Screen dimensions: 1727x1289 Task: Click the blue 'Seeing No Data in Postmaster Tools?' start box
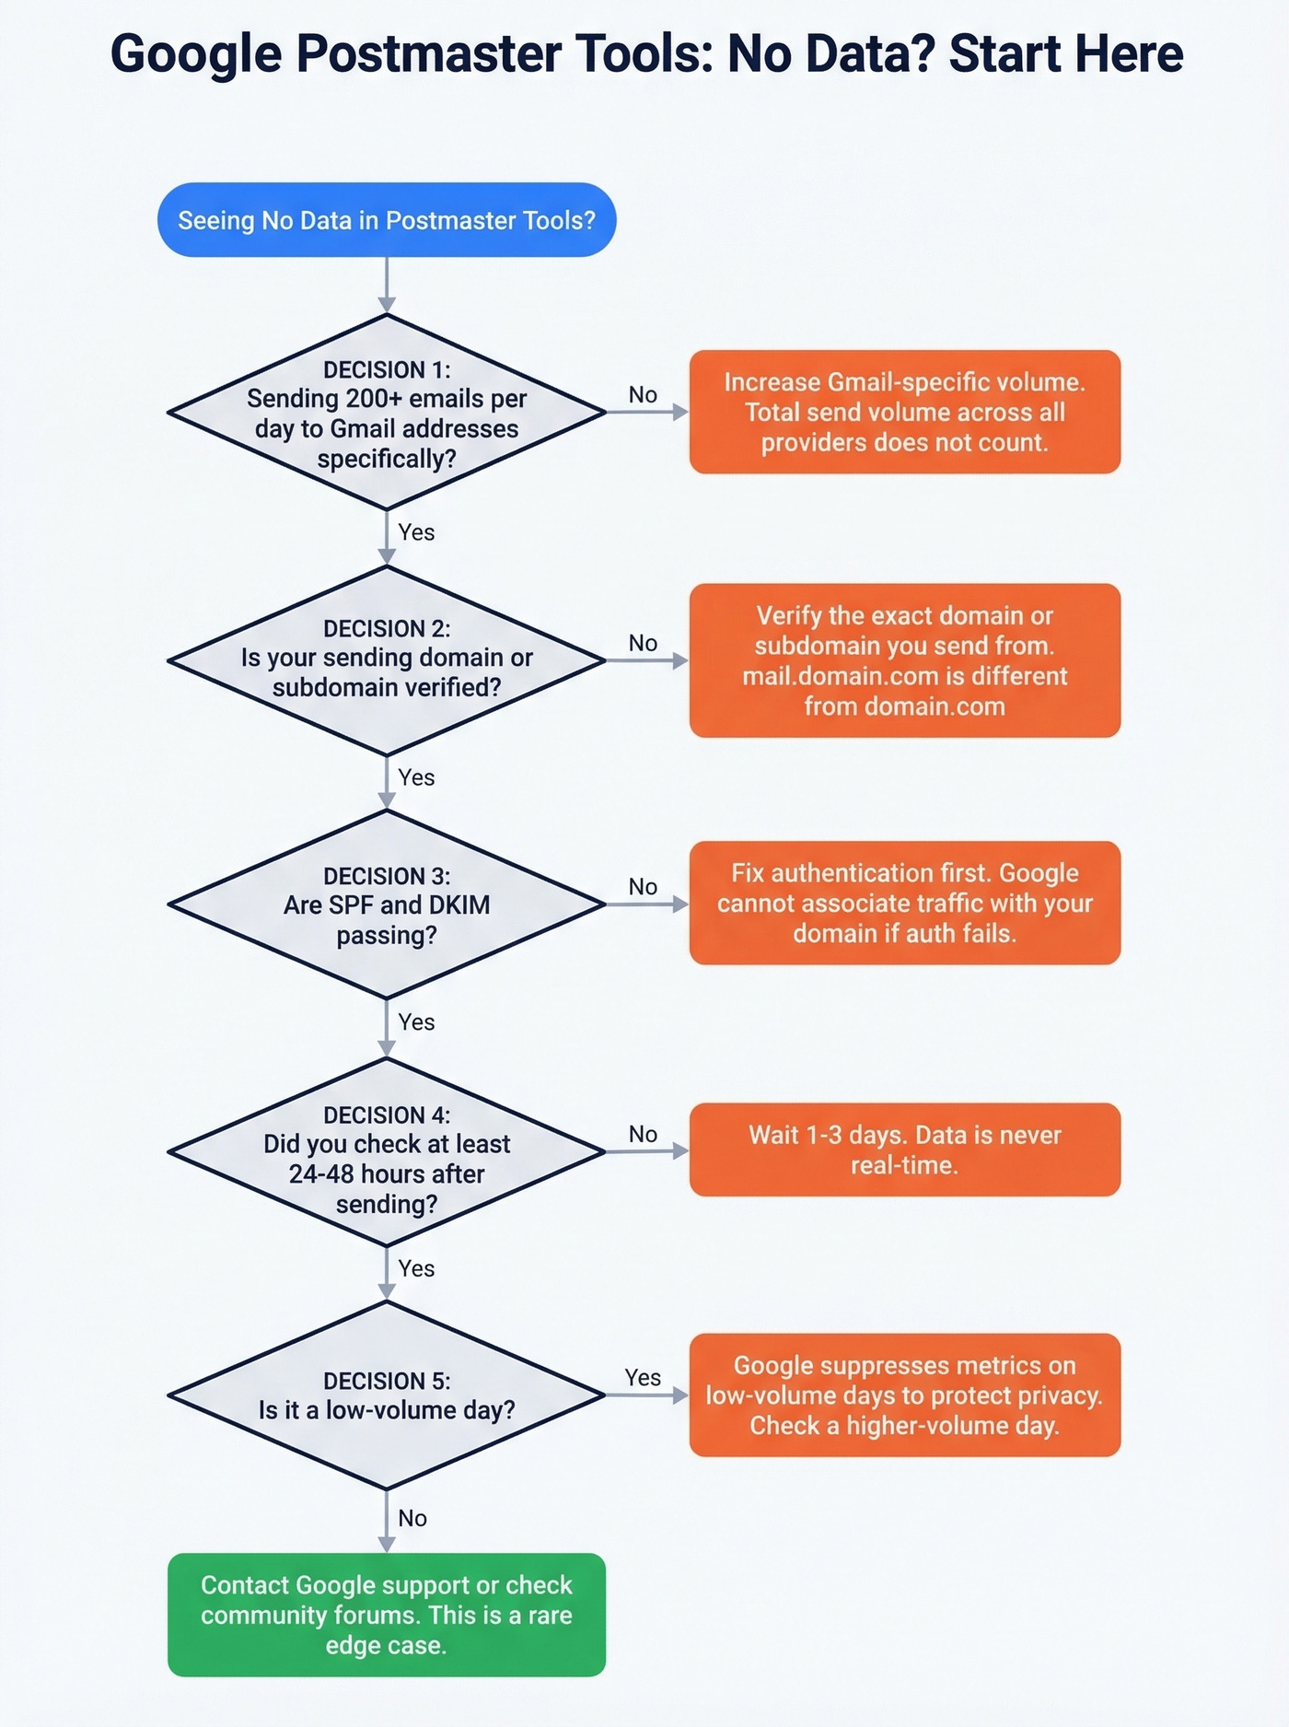pos(387,220)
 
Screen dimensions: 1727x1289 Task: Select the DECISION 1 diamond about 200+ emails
pos(387,413)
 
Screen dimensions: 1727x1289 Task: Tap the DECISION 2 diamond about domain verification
pos(387,659)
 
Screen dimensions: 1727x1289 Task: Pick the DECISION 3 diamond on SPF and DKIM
pos(387,904)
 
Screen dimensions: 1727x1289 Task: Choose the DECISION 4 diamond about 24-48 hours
pos(387,1151)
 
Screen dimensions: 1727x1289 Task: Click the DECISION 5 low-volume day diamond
pos(387,1395)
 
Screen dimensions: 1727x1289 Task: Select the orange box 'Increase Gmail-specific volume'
pos(904,412)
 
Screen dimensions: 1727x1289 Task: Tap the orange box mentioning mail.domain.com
pos(904,660)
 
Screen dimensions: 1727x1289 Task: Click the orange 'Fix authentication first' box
pos(904,903)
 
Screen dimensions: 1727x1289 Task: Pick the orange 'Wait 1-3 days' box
pos(904,1149)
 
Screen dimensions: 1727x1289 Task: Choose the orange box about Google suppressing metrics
pos(904,1394)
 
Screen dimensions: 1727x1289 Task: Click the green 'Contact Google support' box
pos(387,1615)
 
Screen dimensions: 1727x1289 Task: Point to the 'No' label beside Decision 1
pos(643,395)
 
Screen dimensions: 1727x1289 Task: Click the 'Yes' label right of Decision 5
pos(643,1378)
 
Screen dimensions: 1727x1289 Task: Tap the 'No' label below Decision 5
pos(412,1518)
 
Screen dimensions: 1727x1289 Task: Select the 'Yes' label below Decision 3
pos(416,1022)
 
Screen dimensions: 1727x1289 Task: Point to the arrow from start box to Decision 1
pos(387,286)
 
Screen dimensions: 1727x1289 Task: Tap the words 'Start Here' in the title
pos(1065,53)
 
